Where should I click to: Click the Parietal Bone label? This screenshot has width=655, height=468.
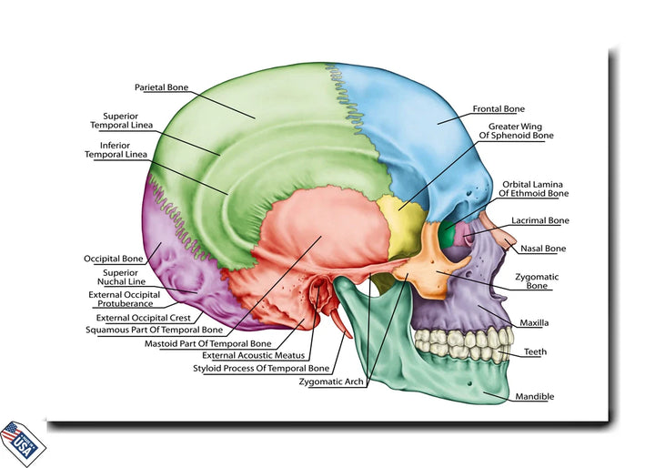[162, 87]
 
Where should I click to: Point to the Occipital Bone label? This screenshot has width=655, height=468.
[113, 259]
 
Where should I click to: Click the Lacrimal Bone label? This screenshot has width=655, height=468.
[539, 220]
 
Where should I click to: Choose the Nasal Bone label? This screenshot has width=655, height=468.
[542, 249]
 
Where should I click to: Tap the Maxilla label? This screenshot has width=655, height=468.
[534, 322]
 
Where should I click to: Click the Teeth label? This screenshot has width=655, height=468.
[535, 351]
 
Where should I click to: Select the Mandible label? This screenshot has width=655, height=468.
[534, 397]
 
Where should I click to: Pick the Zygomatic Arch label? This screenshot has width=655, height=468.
[332, 382]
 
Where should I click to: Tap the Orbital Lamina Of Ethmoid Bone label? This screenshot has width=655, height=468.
[533, 188]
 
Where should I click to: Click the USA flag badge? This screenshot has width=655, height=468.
[22, 443]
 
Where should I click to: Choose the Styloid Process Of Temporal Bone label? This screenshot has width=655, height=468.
[261, 369]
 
